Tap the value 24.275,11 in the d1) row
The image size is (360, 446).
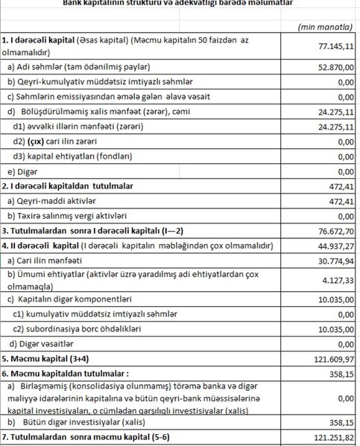(335, 127)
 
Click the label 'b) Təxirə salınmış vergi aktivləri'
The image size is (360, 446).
(69, 215)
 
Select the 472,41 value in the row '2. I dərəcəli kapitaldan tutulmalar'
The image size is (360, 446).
(339, 186)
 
